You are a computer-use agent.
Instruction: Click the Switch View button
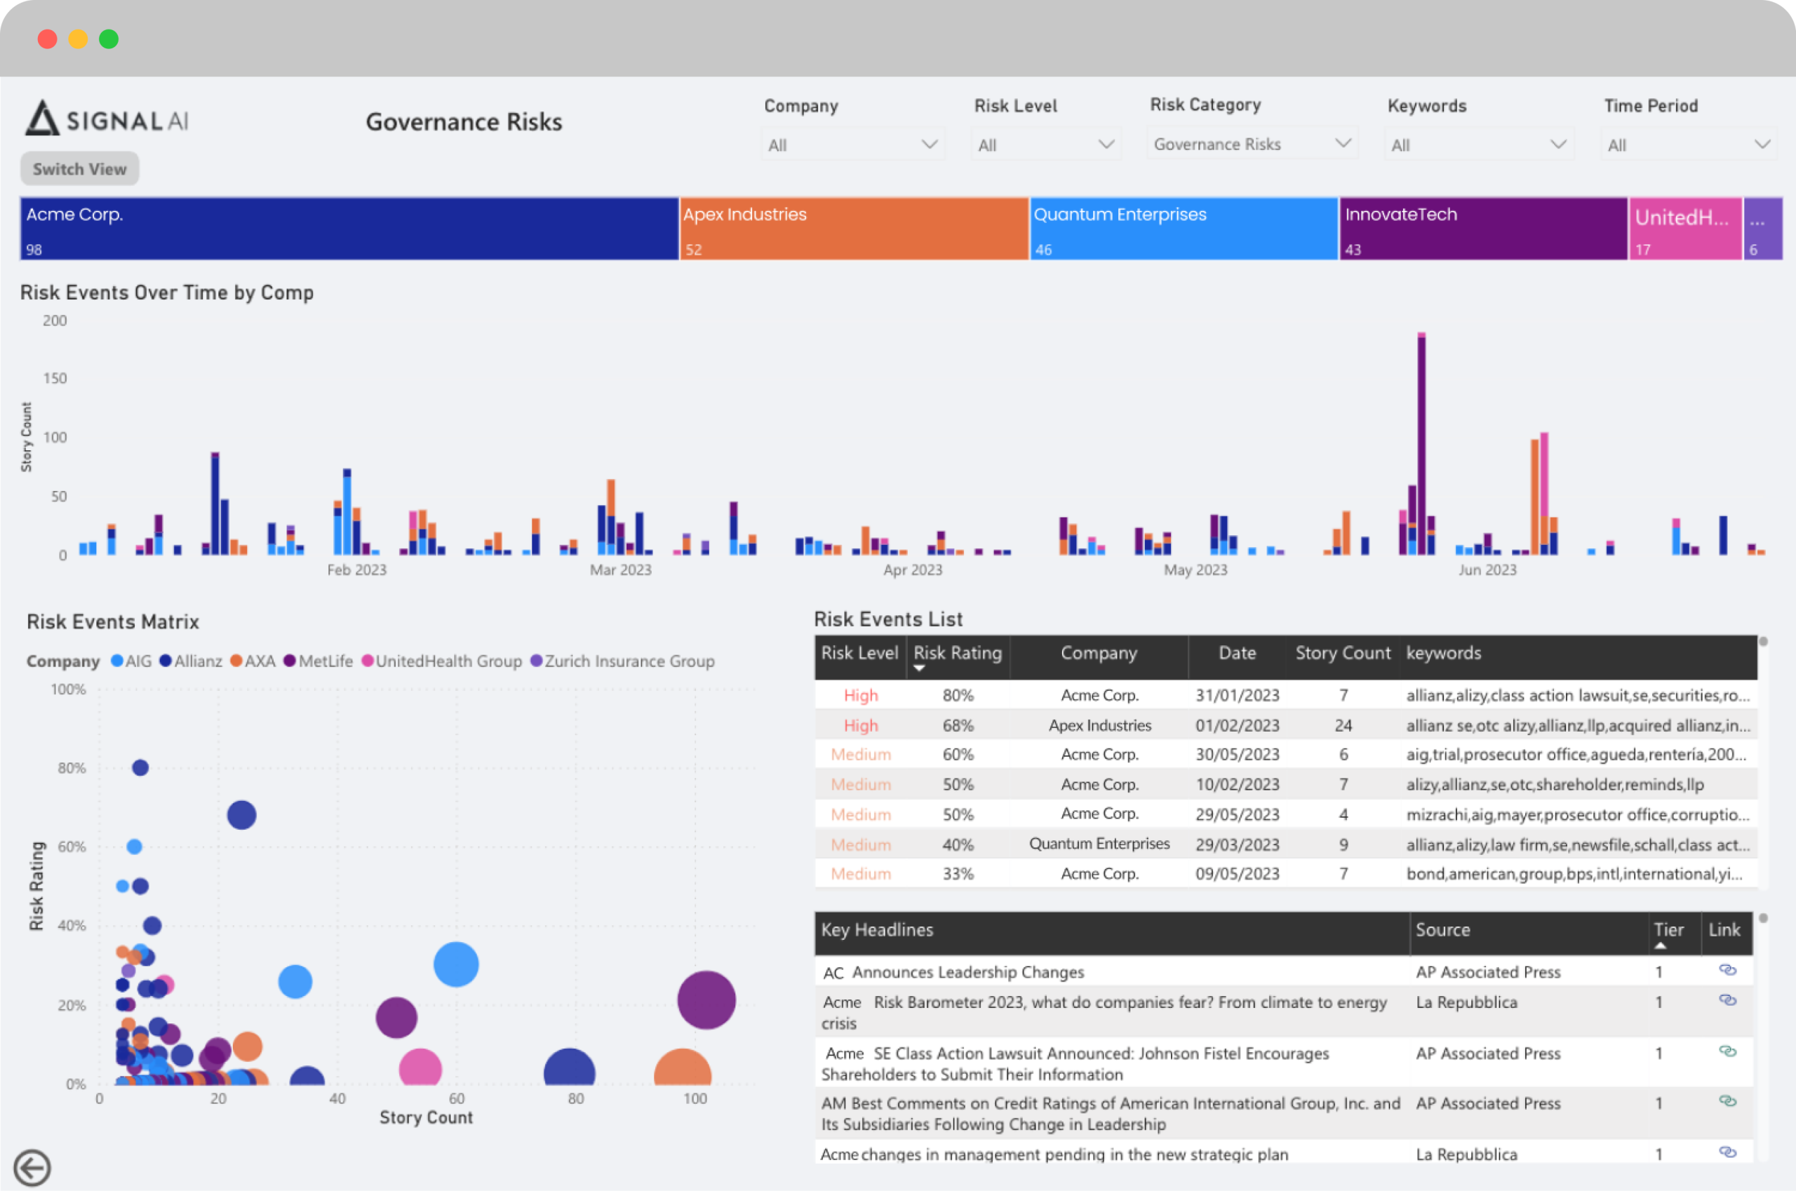[80, 168]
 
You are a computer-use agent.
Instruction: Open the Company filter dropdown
[852, 144]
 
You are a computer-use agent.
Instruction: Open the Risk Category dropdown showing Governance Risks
[1252, 144]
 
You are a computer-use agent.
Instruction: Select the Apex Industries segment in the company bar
[854, 229]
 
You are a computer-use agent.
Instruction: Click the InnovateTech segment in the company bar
[1483, 229]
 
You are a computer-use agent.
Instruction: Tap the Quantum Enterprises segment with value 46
[1184, 229]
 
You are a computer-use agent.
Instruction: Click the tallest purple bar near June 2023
[1421, 445]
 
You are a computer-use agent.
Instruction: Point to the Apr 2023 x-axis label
[913, 570]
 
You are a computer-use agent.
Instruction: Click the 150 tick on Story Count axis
[55, 378]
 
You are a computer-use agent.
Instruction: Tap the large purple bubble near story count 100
[706, 1000]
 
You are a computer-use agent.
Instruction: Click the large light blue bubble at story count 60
[456, 964]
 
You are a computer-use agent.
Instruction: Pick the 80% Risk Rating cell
[958, 695]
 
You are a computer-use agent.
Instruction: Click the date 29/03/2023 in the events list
[1237, 844]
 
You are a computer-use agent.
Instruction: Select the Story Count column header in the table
[1343, 653]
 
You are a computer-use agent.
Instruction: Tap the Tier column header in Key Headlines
[1668, 929]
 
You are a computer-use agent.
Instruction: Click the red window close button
[47, 39]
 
